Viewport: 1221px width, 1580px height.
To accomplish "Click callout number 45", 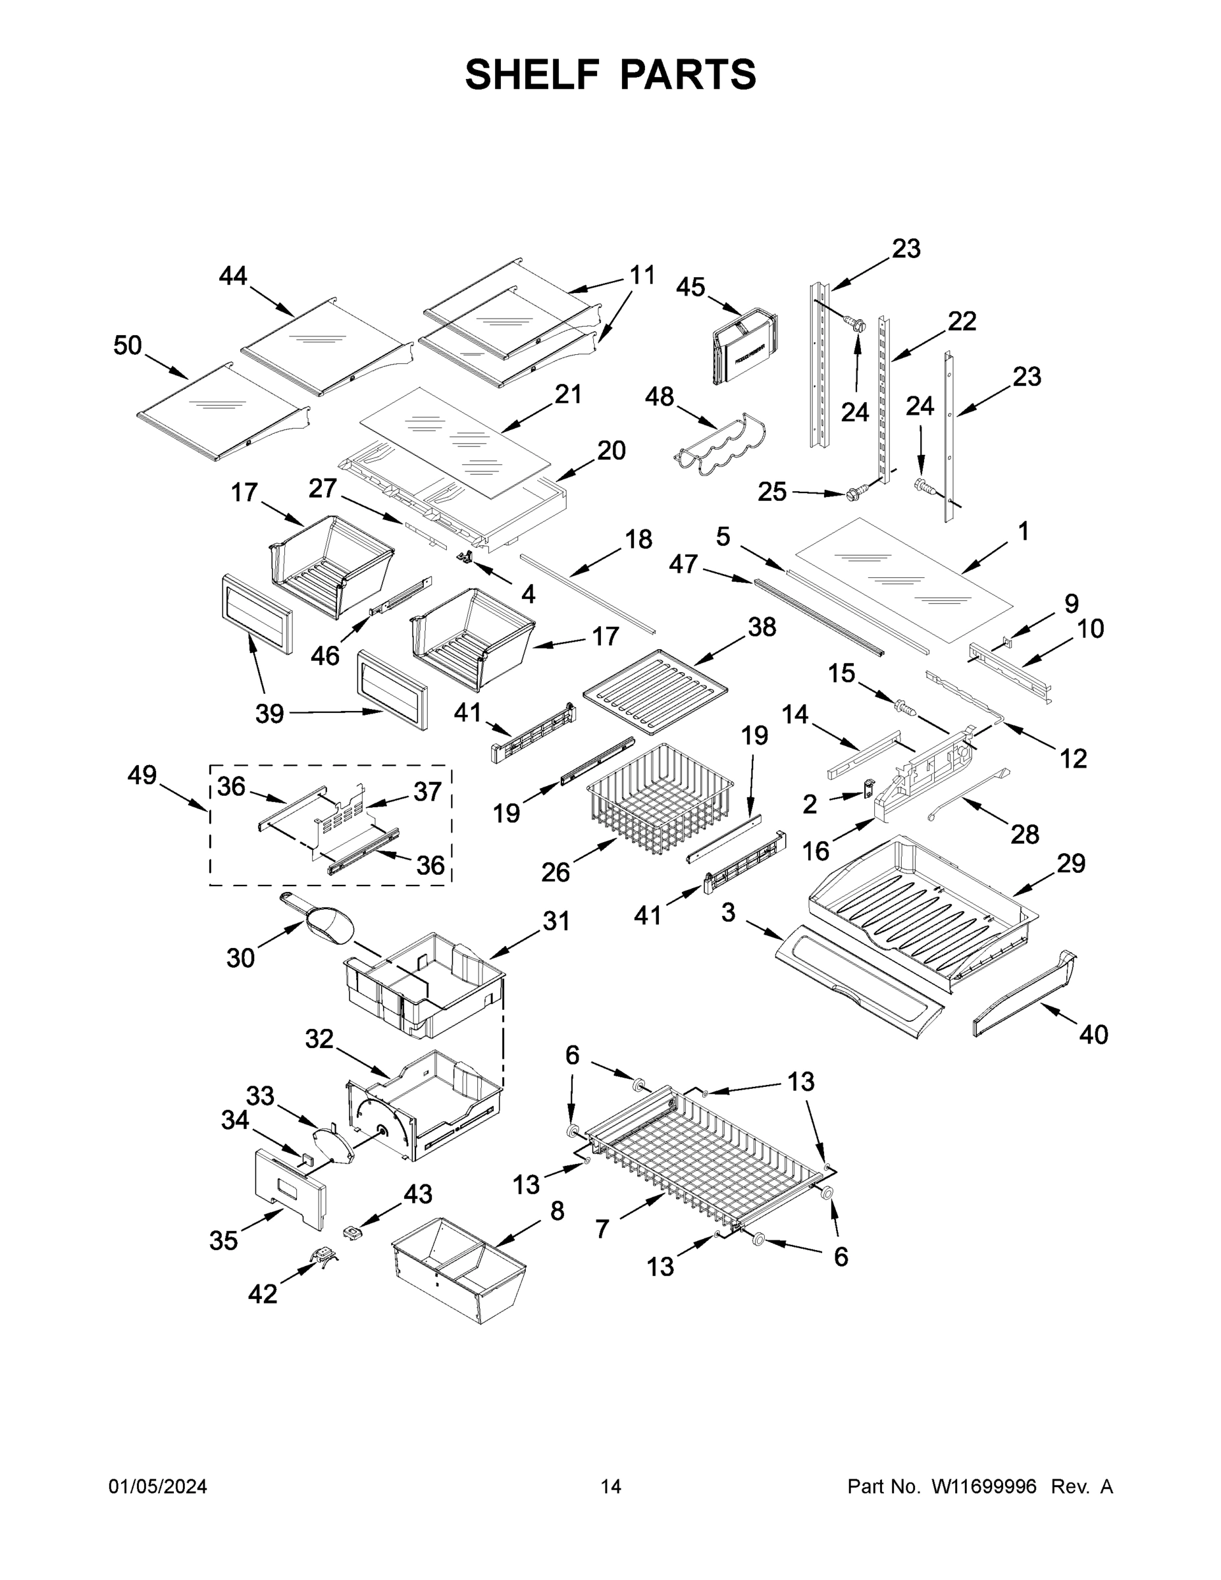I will tap(690, 287).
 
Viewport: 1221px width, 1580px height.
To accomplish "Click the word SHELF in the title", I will tap(533, 74).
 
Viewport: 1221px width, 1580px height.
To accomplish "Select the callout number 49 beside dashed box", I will tap(142, 775).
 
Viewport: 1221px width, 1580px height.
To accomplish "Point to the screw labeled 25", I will tap(854, 495).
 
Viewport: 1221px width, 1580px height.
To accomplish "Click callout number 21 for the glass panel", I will tap(569, 395).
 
